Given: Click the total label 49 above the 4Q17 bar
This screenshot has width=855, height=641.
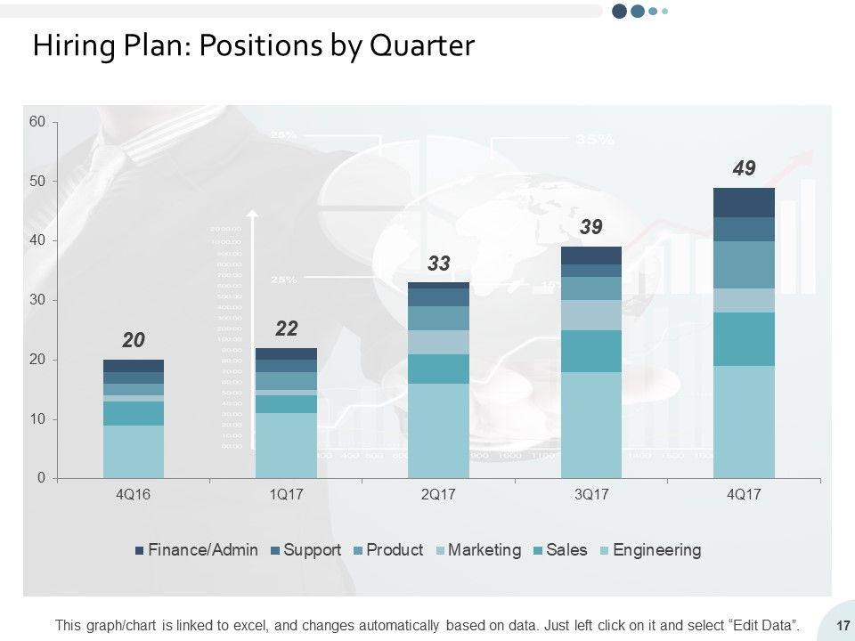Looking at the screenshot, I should (x=744, y=168).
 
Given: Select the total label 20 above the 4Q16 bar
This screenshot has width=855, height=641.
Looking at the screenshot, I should (x=134, y=340).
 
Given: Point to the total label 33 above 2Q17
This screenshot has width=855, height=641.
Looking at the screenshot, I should (x=438, y=264).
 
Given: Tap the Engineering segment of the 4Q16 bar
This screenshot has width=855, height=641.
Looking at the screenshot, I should (x=134, y=451).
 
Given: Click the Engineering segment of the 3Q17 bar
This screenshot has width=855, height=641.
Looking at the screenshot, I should (x=590, y=425).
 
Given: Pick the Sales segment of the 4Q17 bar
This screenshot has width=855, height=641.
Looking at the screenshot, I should (x=744, y=338).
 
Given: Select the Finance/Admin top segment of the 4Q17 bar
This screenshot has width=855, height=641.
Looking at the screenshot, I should (x=744, y=202).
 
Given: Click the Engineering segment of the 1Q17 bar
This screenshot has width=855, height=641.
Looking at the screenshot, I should (x=286, y=445).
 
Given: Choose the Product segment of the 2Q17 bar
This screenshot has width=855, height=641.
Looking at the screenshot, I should (x=438, y=318).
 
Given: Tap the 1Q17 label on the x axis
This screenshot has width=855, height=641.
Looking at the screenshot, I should (x=286, y=495).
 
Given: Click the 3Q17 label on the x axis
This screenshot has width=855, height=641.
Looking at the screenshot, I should (x=590, y=495).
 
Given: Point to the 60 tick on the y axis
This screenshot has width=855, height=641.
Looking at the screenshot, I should (x=37, y=122).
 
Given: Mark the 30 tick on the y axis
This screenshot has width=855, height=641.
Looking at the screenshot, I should (x=37, y=300).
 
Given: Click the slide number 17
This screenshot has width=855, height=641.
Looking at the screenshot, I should (x=841, y=626).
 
